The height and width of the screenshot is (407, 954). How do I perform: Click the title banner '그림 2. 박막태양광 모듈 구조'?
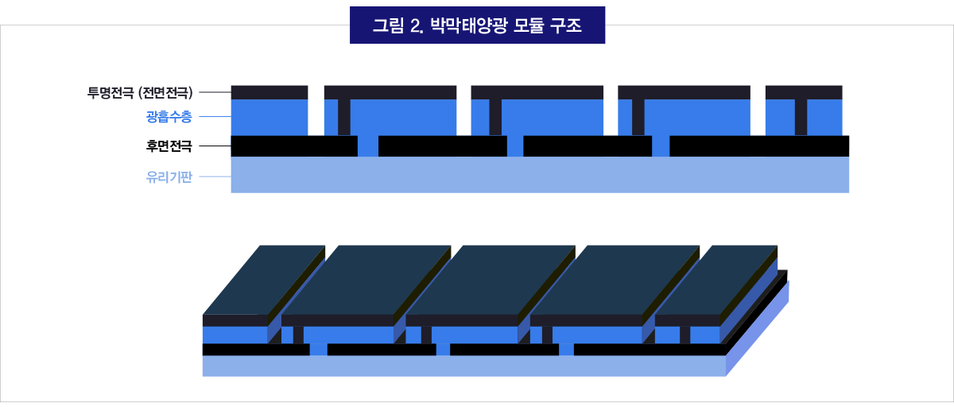point(477,25)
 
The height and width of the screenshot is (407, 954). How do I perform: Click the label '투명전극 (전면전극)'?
point(141,92)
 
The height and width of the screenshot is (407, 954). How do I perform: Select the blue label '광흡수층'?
point(169,118)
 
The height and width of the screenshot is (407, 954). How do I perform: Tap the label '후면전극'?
point(169,146)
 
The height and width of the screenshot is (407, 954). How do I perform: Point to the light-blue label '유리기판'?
point(169,177)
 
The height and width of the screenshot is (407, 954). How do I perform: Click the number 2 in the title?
point(415,25)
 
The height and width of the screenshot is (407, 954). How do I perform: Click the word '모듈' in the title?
point(525,25)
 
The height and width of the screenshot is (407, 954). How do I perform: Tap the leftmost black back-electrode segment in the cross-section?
point(293,146)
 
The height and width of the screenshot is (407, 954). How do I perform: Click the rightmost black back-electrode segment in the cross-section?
point(758,146)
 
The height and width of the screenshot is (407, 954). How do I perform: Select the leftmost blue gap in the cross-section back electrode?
point(367,146)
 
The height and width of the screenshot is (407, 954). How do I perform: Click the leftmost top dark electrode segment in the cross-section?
point(269,91)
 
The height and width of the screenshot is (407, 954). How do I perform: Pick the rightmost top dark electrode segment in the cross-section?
point(803,91)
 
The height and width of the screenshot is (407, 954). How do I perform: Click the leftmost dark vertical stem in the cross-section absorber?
point(343,117)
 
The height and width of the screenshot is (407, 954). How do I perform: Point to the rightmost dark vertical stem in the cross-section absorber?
point(801,117)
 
